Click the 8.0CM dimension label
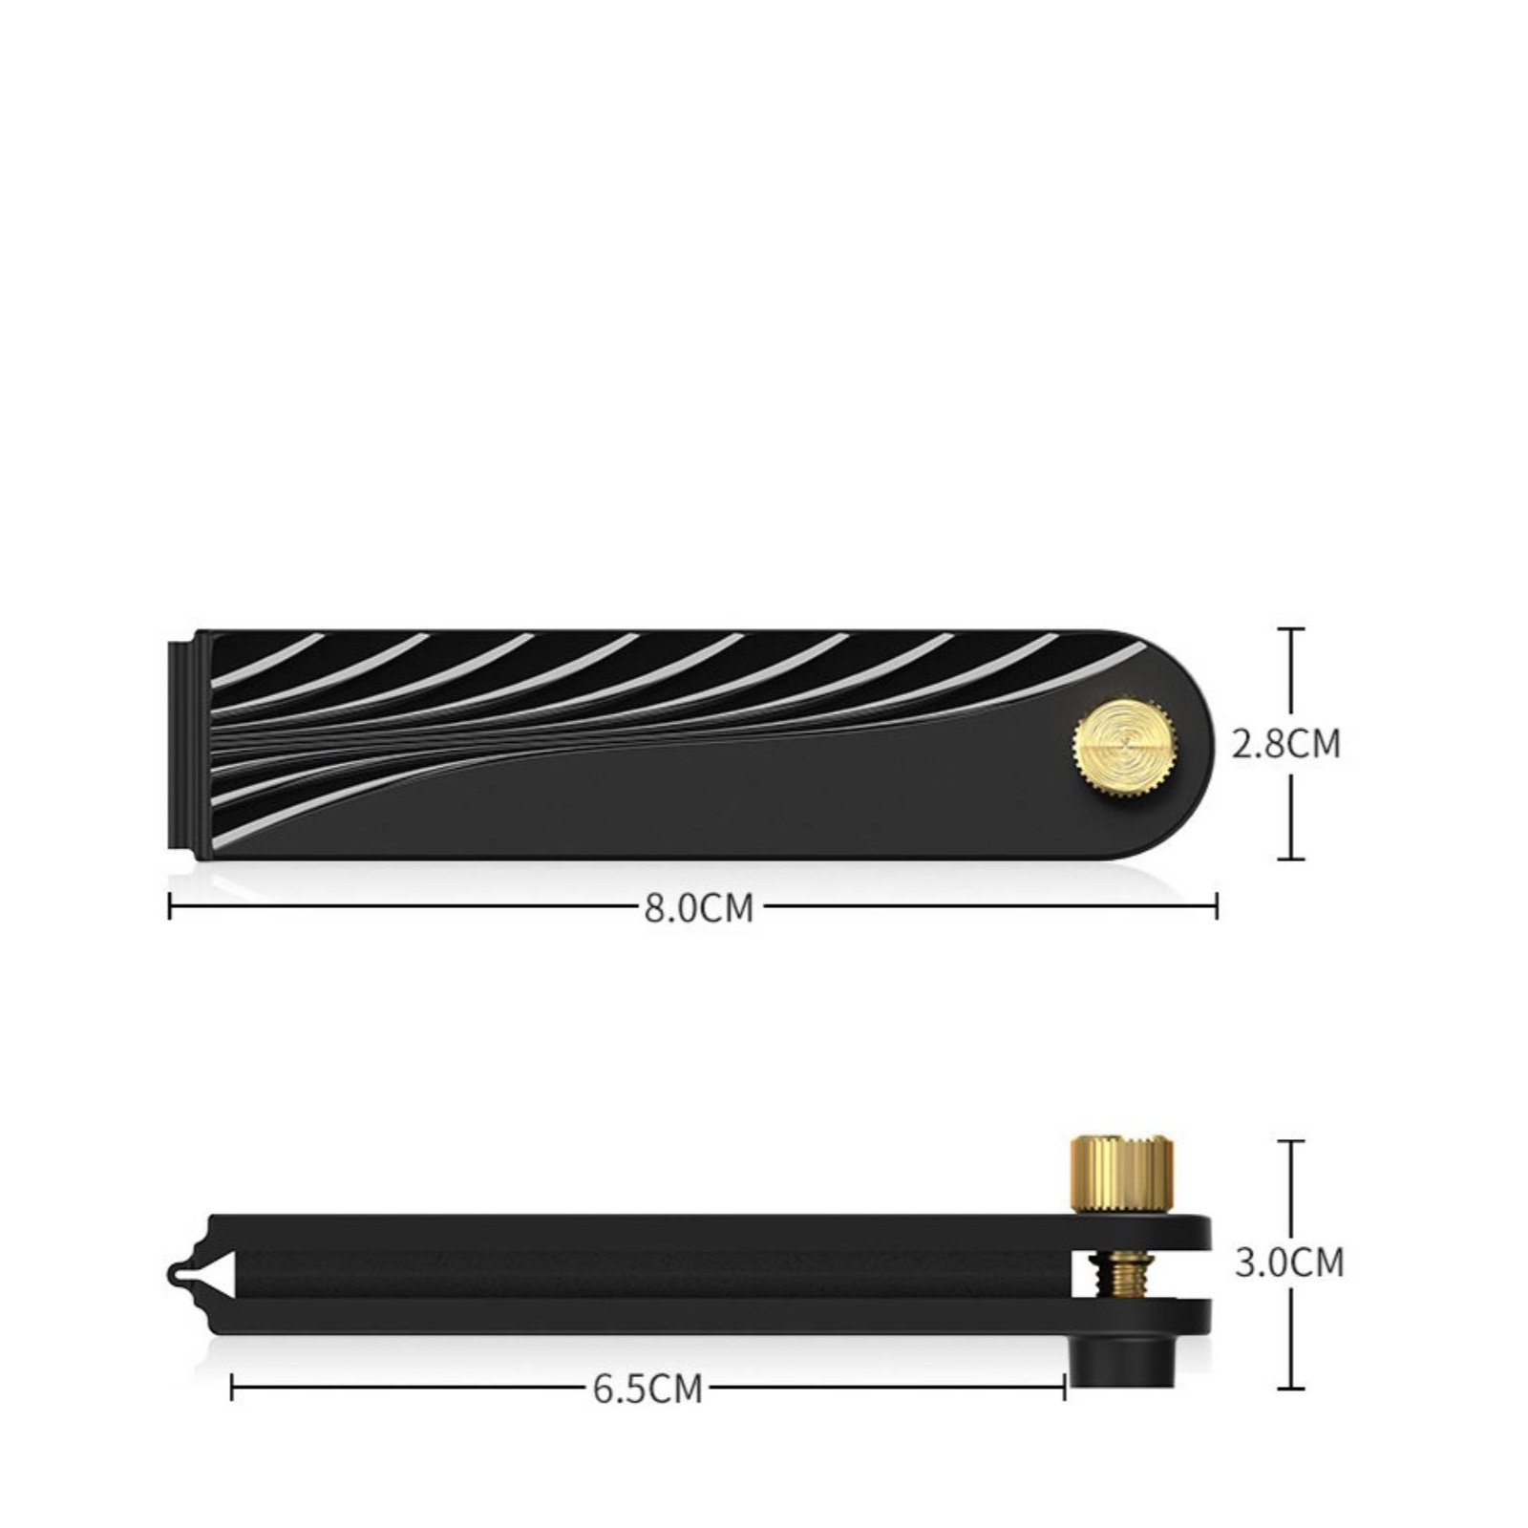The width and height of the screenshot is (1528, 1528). pos(699,907)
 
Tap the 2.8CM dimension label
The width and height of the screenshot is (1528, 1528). pos(1286,744)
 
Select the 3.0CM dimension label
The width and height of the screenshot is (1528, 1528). pos(1289,1263)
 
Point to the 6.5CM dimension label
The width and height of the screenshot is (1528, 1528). pos(647,1389)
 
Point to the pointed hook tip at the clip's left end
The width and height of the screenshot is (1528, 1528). pos(172,1273)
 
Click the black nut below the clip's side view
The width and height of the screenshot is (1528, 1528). pos(1121,1358)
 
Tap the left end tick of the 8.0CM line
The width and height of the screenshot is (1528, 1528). pos(170,906)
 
